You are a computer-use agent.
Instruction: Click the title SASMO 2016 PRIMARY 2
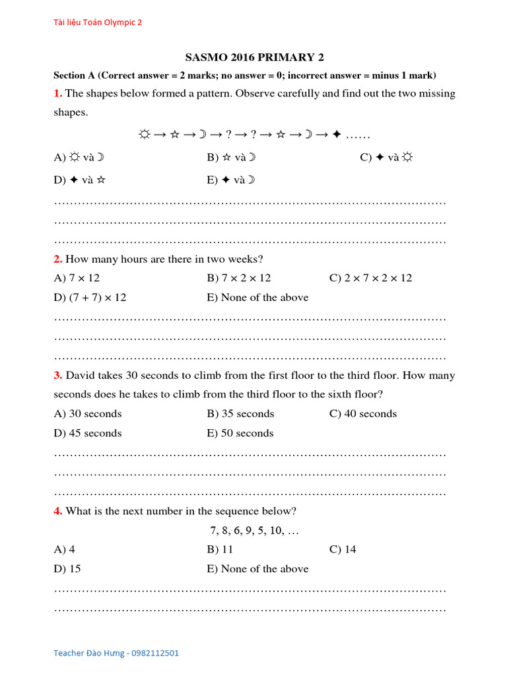pyautogui.click(x=254, y=57)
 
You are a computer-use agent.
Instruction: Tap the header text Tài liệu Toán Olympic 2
pyautogui.click(x=97, y=22)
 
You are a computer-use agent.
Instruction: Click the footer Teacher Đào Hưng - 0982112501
pyautogui.click(x=116, y=653)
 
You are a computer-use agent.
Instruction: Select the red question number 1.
pyautogui.click(x=57, y=94)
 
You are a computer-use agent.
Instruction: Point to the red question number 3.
pyautogui.click(x=57, y=376)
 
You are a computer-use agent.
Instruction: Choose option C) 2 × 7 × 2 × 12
pyautogui.click(x=370, y=278)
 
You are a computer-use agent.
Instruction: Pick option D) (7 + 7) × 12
pyautogui.click(x=90, y=297)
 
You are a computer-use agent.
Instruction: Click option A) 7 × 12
pyautogui.click(x=77, y=278)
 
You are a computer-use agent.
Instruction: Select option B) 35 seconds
pyautogui.click(x=240, y=414)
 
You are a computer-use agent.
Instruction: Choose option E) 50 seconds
pyautogui.click(x=240, y=433)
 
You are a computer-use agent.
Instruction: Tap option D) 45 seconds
pyautogui.click(x=88, y=433)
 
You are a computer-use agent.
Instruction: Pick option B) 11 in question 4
pyautogui.click(x=220, y=549)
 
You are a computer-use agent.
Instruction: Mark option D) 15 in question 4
pyautogui.click(x=67, y=568)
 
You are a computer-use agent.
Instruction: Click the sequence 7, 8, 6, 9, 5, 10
pyautogui.click(x=254, y=530)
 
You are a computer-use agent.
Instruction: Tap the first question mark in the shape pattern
pyautogui.click(x=228, y=135)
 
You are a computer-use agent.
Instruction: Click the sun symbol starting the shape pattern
pyautogui.click(x=144, y=135)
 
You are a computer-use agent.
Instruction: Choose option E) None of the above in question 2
pyautogui.click(x=257, y=297)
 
